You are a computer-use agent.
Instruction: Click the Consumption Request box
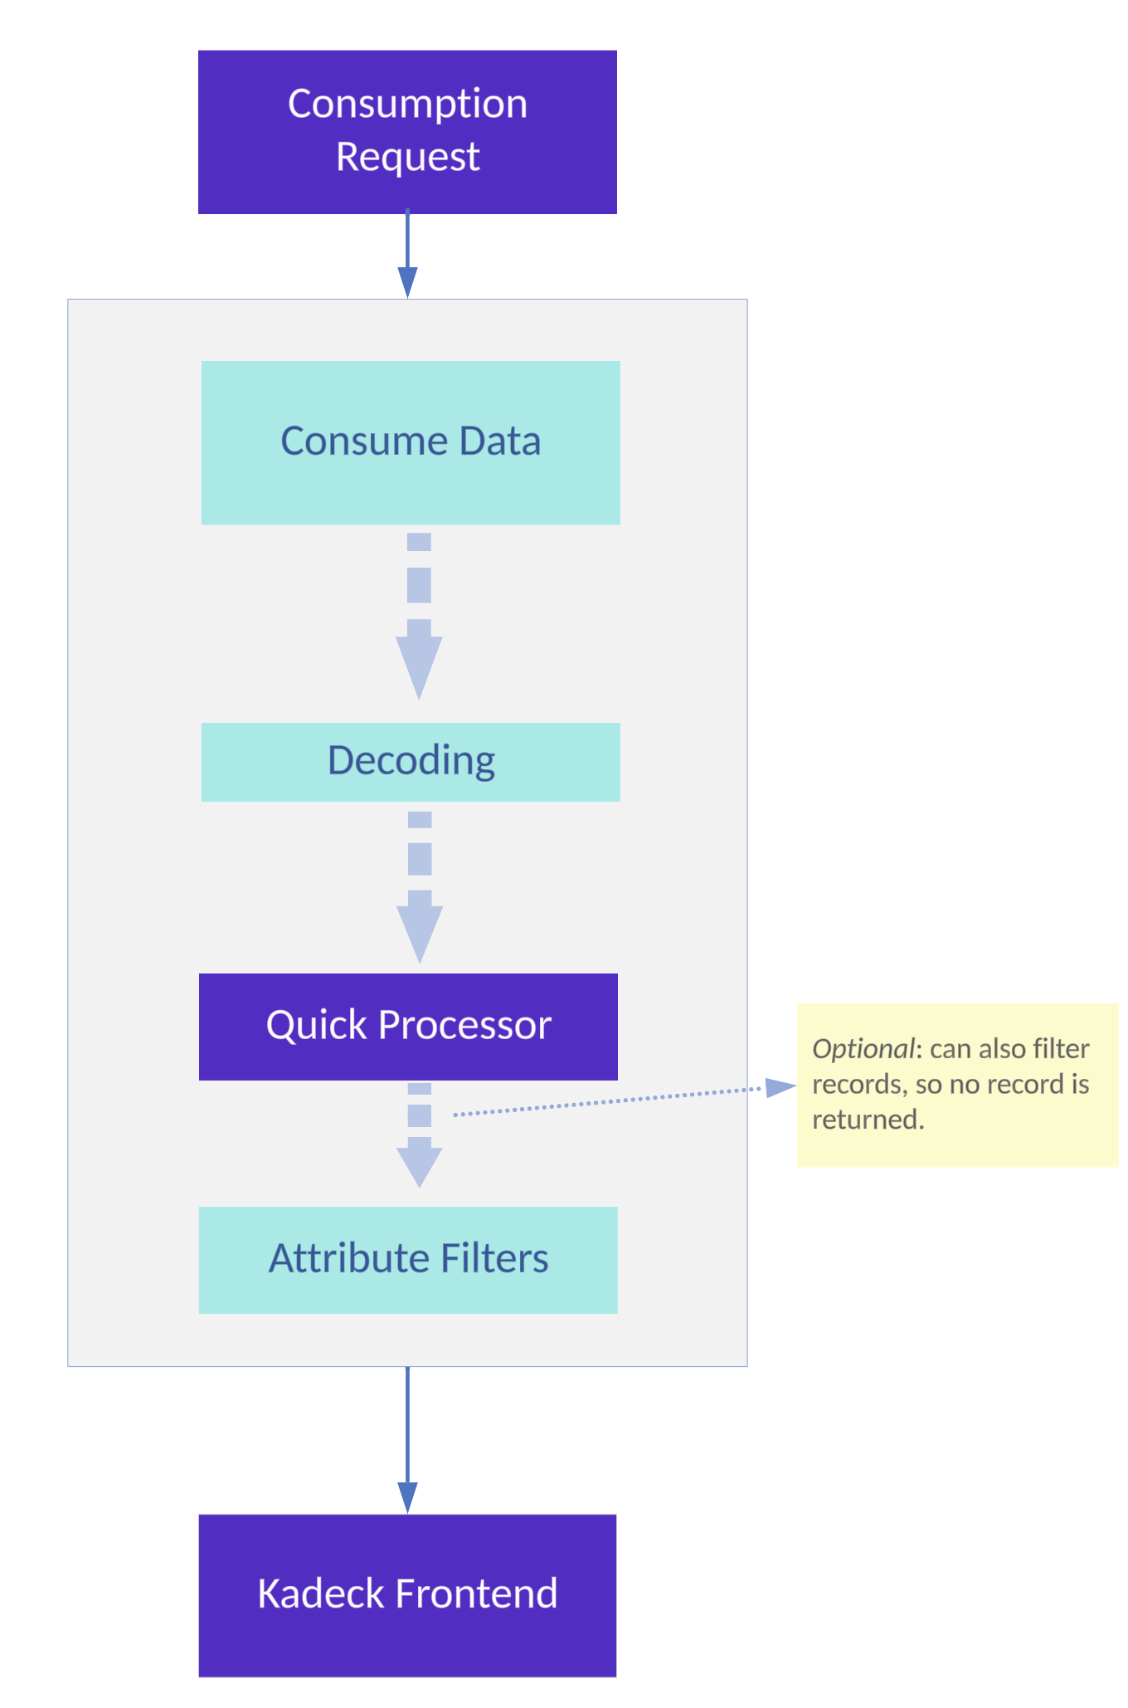tap(407, 132)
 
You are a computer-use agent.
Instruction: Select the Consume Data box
tap(411, 442)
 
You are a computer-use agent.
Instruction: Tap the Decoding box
tap(411, 762)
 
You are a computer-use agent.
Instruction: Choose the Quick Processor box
tap(408, 1027)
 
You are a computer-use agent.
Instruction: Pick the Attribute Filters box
tap(408, 1260)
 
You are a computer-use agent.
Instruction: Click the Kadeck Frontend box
tap(407, 1596)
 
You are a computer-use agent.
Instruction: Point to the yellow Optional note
tap(958, 1086)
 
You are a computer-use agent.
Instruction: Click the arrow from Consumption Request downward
tap(407, 253)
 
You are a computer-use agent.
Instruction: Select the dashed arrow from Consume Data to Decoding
tap(419, 616)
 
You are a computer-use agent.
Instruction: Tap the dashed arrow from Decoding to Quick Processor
tap(420, 887)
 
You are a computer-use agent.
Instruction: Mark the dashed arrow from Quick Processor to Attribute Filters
tap(420, 1135)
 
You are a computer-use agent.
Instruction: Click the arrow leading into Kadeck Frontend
tap(407, 1440)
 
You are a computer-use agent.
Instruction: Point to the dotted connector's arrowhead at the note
tap(780, 1087)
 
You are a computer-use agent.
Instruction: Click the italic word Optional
tap(863, 1049)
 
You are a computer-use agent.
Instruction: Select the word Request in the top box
tap(408, 157)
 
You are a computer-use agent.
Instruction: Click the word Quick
tap(317, 1025)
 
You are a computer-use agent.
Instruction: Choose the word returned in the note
tap(868, 1120)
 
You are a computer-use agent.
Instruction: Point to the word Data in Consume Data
tap(500, 441)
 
